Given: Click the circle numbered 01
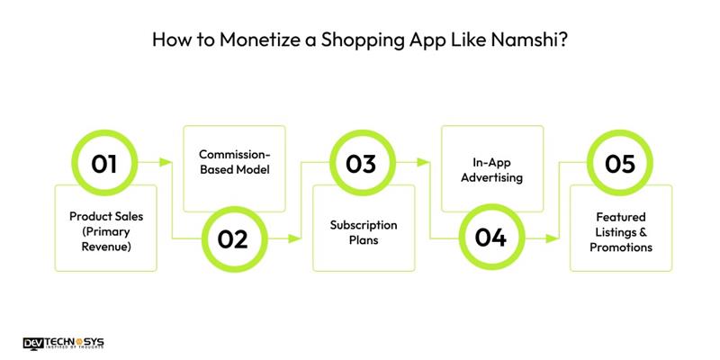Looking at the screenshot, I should tap(104, 164).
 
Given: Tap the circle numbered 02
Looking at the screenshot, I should tap(233, 238).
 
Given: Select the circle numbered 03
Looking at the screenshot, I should tap(362, 164).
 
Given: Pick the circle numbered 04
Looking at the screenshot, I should tap(490, 238).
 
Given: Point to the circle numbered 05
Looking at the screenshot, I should tap(619, 164).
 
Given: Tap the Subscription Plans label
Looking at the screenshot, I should tap(363, 231).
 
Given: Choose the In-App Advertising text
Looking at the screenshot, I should tap(491, 170).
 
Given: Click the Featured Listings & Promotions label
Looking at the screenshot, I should tap(620, 231).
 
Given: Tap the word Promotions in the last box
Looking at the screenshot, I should tap(620, 247).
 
